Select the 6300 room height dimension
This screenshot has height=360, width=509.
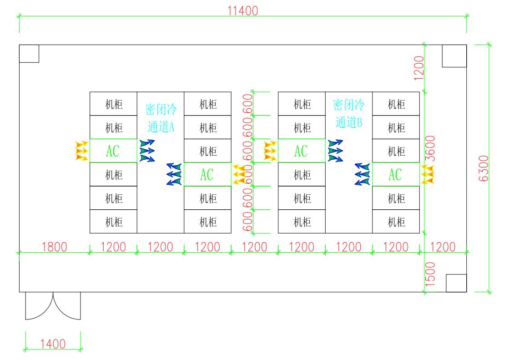coord(484,168)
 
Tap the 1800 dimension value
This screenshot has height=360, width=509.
coord(54,247)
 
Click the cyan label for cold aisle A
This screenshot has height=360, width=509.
coord(161,117)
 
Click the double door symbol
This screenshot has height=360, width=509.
coord(53,305)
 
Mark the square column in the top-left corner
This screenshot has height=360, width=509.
coord(29,53)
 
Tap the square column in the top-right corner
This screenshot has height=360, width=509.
coord(454,56)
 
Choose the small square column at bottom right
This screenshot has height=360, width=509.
coord(456,283)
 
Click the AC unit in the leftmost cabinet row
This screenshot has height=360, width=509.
coord(113,151)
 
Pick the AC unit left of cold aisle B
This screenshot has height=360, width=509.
coord(301,151)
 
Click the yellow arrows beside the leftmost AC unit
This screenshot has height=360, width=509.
coord(81,151)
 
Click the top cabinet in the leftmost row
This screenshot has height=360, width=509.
coord(113,104)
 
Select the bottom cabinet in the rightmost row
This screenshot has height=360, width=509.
coord(396,222)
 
